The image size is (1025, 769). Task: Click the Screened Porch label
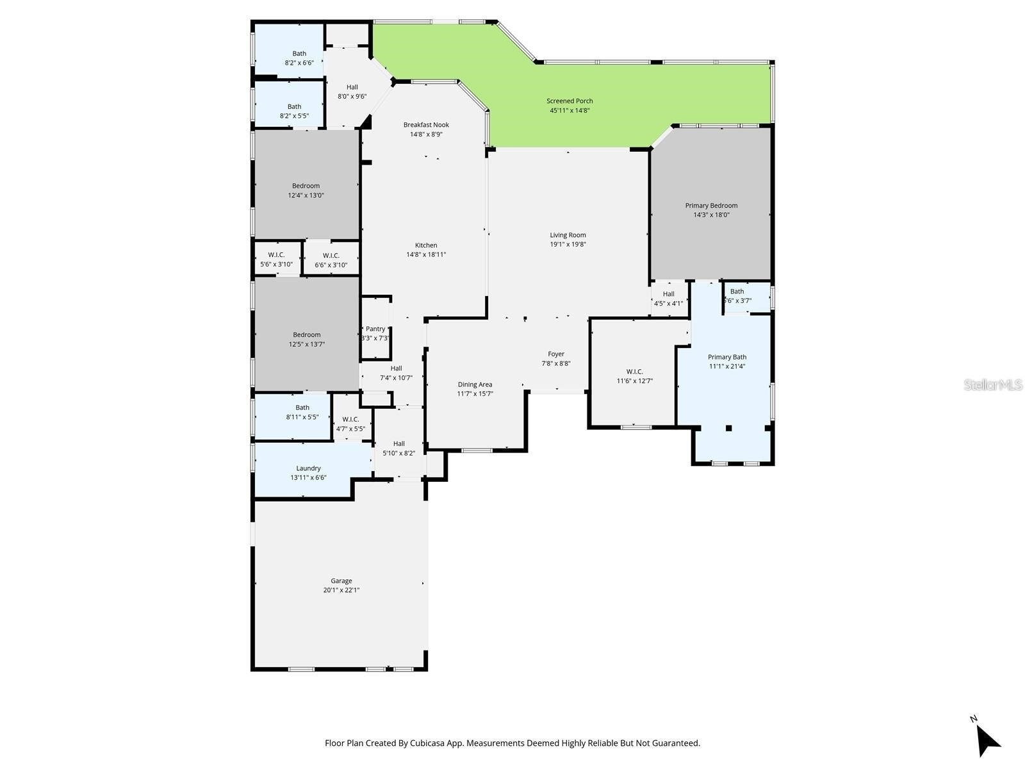tap(570, 101)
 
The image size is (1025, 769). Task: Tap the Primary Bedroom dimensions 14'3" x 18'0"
tap(711, 215)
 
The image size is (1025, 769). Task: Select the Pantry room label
tap(375, 329)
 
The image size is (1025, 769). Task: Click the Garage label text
tap(341, 581)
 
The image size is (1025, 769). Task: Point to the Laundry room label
tap(308, 468)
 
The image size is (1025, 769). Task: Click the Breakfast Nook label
tap(426, 125)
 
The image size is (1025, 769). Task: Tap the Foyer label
tap(556, 354)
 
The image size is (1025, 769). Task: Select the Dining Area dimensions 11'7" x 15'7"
tap(475, 394)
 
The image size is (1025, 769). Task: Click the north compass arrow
tap(988, 740)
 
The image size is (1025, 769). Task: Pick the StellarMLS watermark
tap(994, 385)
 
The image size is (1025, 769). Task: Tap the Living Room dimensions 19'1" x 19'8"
tap(568, 244)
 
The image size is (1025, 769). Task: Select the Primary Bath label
tap(727, 357)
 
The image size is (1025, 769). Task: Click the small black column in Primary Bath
tap(728, 428)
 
